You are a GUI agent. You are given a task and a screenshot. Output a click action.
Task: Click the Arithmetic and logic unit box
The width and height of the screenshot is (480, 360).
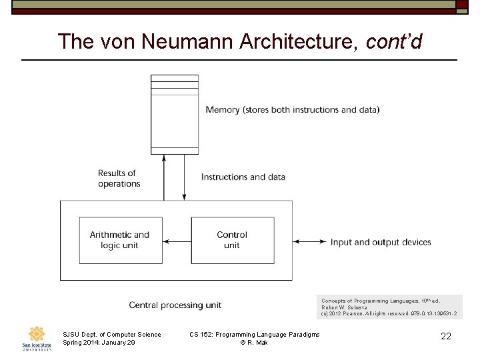pyautogui.click(x=120, y=240)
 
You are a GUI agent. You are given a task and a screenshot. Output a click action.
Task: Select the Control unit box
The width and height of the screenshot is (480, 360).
pyautogui.click(x=231, y=240)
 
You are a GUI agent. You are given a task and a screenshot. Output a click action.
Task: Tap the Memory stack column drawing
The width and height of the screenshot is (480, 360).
pyautogui.click(x=175, y=114)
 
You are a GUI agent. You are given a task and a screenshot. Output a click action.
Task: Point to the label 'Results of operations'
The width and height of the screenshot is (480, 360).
pyautogui.click(x=119, y=178)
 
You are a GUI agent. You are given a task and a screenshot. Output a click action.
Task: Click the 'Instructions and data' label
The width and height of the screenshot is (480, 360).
pyautogui.click(x=243, y=177)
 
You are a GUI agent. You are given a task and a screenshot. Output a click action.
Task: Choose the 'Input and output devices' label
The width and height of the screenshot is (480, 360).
pyautogui.click(x=381, y=242)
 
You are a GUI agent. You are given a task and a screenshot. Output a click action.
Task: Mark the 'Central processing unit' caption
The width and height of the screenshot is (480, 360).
pyautogui.click(x=175, y=305)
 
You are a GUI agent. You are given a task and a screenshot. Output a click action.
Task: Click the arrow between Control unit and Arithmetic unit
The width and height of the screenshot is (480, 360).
pyautogui.click(x=177, y=241)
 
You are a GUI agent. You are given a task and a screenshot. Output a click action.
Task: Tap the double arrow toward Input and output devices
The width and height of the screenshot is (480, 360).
pyautogui.click(x=310, y=242)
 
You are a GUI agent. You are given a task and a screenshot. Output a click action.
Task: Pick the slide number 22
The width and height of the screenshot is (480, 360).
pyautogui.click(x=446, y=337)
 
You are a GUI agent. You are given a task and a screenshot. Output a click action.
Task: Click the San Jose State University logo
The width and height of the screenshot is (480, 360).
pyautogui.click(x=36, y=338)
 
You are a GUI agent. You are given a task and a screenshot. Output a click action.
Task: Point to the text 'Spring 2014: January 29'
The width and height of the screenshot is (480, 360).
pyautogui.click(x=99, y=342)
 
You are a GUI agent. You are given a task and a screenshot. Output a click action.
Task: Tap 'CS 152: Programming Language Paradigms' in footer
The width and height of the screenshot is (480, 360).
pyautogui.click(x=255, y=334)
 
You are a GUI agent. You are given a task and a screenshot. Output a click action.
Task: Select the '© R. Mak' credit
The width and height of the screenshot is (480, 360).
pyautogui.click(x=254, y=342)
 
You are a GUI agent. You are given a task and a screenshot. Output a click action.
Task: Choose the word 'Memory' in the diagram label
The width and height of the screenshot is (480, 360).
pyautogui.click(x=221, y=109)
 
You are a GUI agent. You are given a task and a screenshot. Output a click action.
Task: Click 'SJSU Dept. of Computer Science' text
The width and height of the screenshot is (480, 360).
pyautogui.click(x=111, y=334)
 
